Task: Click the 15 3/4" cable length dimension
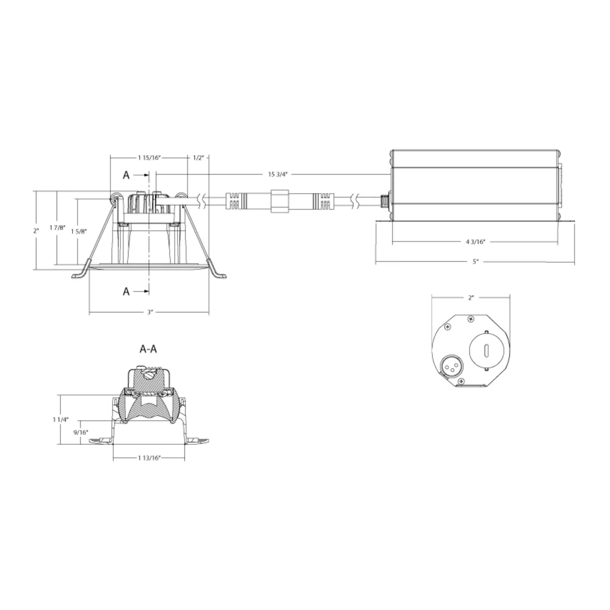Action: tap(278, 174)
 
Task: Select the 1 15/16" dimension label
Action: tap(149, 158)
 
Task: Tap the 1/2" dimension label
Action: tap(199, 158)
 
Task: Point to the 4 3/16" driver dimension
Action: tap(475, 242)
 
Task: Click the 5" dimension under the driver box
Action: tap(475, 261)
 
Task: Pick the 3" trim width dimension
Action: tap(150, 312)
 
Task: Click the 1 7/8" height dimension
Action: tap(57, 227)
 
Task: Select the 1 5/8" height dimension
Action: tap(79, 231)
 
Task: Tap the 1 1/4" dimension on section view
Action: tap(61, 420)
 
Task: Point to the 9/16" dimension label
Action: tap(81, 432)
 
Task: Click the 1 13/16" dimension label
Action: tap(149, 458)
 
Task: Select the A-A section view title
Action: tap(148, 349)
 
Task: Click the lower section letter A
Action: tap(126, 291)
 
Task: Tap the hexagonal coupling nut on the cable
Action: tap(280, 201)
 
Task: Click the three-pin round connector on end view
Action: tap(449, 367)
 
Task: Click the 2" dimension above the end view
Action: tap(471, 298)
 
